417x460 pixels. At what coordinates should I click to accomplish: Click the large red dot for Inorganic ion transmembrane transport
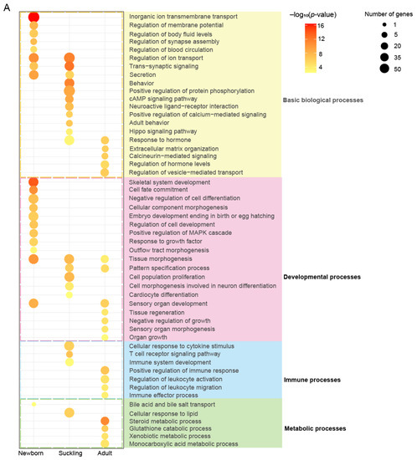pos(33,17)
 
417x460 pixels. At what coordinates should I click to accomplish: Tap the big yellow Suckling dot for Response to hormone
pos(69,140)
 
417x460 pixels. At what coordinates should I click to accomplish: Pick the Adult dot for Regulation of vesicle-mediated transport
pos(105,172)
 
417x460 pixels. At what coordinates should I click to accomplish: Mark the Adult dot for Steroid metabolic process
pos(105,421)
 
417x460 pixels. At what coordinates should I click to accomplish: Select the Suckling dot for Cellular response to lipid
pos(69,412)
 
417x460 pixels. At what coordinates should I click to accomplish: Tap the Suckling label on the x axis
pos(69,452)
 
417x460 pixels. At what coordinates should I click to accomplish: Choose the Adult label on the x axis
pos(105,452)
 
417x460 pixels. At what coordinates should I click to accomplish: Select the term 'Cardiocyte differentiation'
pos(165,294)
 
